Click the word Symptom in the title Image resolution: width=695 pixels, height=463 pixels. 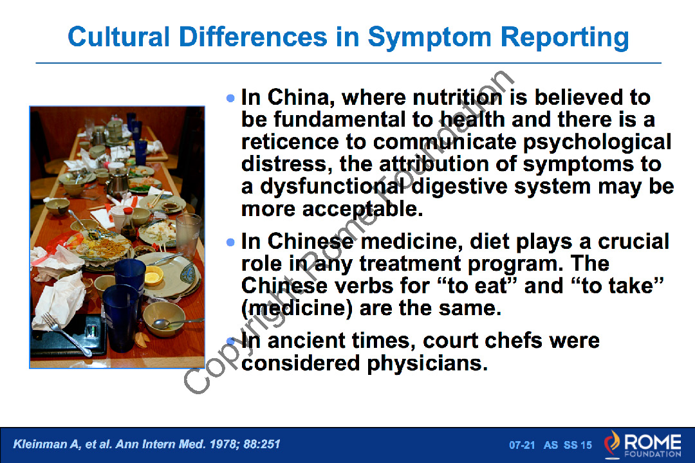(x=429, y=37)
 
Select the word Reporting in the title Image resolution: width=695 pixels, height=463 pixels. (x=565, y=37)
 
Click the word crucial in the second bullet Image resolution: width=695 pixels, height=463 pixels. (x=633, y=242)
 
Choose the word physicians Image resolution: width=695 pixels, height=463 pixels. (x=427, y=364)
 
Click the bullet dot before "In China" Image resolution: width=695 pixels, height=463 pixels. (x=230, y=98)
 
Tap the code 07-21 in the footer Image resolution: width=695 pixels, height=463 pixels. (x=522, y=445)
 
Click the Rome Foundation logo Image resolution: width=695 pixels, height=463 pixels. (x=643, y=444)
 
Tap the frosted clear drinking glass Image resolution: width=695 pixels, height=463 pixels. (x=188, y=235)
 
